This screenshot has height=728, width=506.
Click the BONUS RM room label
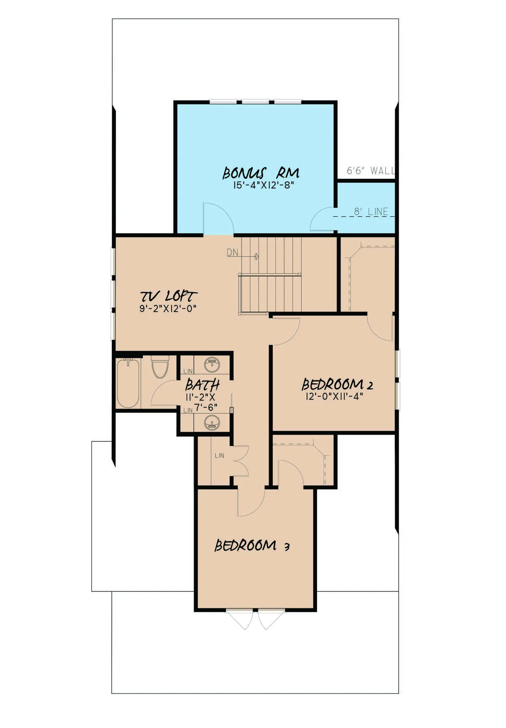click(x=261, y=173)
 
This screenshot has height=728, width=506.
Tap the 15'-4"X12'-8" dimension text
click(x=263, y=185)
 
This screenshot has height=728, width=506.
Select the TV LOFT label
click(x=169, y=296)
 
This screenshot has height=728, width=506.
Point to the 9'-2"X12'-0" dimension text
click(x=168, y=308)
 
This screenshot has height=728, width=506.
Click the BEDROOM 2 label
click(x=337, y=384)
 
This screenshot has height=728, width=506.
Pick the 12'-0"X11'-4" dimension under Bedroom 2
click(x=334, y=396)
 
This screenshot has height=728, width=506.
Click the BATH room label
click(x=202, y=385)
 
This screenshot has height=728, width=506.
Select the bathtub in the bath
click(x=128, y=383)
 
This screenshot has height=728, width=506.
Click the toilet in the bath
click(x=160, y=366)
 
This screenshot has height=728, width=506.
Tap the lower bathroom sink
click(x=212, y=422)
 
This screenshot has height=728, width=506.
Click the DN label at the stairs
click(x=232, y=253)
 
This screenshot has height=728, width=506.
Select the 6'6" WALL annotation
click(x=371, y=171)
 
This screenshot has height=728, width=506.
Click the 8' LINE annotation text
click(x=371, y=212)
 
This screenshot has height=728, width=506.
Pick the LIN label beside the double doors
click(x=219, y=456)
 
